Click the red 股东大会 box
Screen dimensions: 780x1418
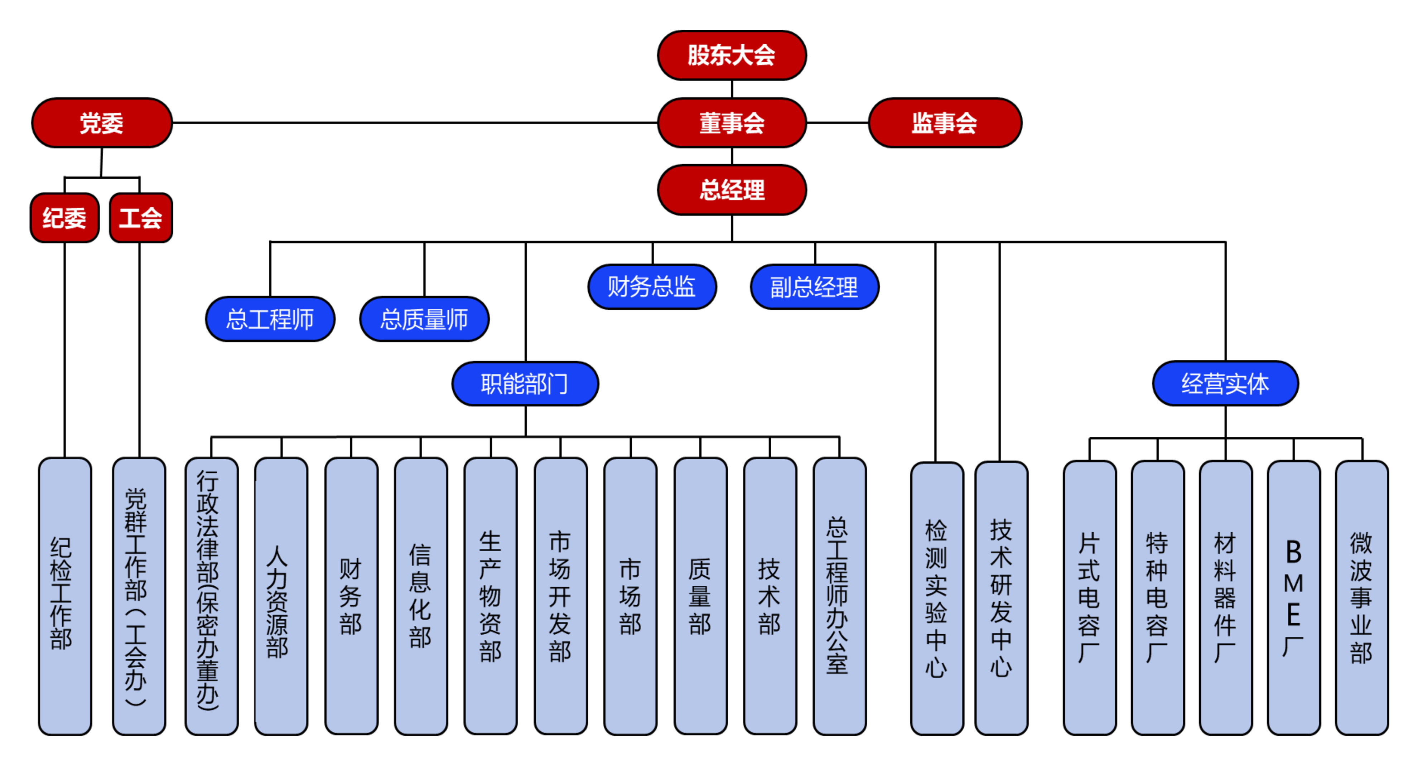click(x=732, y=55)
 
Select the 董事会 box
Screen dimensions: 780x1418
click(x=732, y=123)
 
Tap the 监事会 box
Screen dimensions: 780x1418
click(x=945, y=123)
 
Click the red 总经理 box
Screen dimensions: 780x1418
click(x=732, y=190)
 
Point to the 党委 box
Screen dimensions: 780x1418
click(x=102, y=123)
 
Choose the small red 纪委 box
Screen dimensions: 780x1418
click(x=64, y=218)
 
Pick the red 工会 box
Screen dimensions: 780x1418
click(x=141, y=218)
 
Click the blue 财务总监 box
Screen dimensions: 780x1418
click(x=652, y=287)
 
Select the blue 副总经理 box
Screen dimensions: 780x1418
click(x=814, y=287)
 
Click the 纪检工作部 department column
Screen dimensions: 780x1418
click(x=65, y=596)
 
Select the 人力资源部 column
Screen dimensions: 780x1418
click(x=281, y=596)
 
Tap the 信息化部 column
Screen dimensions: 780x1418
click(x=420, y=596)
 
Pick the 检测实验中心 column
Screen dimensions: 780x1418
click(x=937, y=599)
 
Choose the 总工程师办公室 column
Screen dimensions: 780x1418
click(x=839, y=596)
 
